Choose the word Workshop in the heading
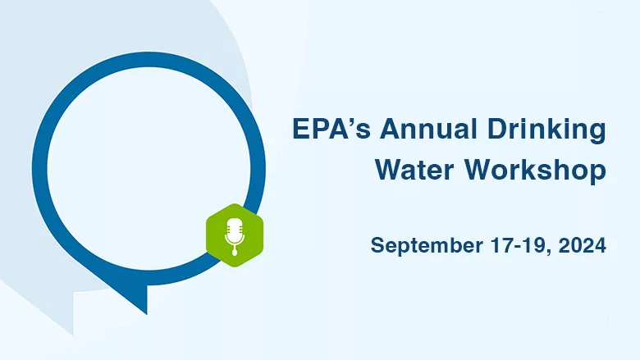click(x=534, y=171)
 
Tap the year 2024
click(x=582, y=244)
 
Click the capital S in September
click(x=377, y=244)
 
